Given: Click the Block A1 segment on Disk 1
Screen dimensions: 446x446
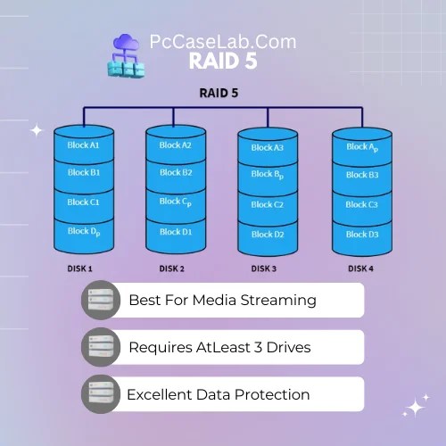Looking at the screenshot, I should [x=83, y=145].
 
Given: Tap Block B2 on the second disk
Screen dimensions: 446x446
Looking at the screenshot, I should [x=176, y=172].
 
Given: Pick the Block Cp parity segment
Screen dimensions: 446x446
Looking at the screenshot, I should [x=176, y=202].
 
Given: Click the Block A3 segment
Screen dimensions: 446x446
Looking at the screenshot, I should [x=268, y=148].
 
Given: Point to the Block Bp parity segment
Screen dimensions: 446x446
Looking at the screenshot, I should [x=268, y=176].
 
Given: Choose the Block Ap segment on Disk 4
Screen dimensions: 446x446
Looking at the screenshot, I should [x=362, y=147].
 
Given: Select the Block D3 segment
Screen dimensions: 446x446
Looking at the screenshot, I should [x=362, y=234].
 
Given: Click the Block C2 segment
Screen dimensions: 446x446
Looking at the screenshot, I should [x=268, y=204].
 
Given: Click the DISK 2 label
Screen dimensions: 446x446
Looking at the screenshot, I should [x=172, y=268].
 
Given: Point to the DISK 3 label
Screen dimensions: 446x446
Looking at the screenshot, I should [x=264, y=268].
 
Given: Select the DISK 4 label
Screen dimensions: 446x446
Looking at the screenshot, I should [x=360, y=268].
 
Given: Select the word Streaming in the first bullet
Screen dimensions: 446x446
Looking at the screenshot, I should [x=277, y=300].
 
